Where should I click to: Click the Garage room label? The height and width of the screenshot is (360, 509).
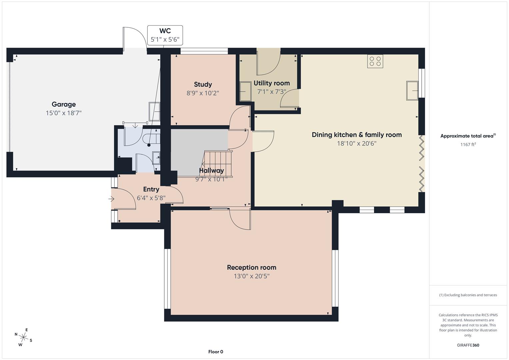coord(63,104)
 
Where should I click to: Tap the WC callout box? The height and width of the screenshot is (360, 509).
coord(165,35)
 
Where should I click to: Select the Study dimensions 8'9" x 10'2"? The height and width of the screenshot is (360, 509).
coord(203,93)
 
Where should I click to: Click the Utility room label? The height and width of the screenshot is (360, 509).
coord(272,83)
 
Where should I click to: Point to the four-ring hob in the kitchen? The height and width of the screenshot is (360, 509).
coord(375,61)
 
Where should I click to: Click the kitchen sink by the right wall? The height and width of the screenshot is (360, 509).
coord(412,90)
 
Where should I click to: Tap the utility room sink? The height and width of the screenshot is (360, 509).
coord(246,91)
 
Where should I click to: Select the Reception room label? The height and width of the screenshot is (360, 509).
coord(251,267)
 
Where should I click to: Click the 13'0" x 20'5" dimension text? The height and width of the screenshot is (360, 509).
coord(251,276)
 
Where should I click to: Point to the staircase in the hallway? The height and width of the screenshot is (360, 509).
coord(218,163)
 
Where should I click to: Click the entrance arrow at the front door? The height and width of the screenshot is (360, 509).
coord(111,199)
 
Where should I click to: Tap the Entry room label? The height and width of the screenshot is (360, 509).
coord(151,189)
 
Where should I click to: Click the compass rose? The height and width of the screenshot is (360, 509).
coord(23,337)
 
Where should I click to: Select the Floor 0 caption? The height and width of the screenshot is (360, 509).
coord(216,352)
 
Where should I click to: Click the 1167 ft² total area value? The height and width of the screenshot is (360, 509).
coord(468,144)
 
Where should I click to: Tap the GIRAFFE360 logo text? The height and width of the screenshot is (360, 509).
coord(468,345)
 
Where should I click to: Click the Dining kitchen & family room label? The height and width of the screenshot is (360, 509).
coord(357,135)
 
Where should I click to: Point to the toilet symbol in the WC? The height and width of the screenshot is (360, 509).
coord(148,138)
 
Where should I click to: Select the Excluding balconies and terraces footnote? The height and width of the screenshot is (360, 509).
coord(468,295)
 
